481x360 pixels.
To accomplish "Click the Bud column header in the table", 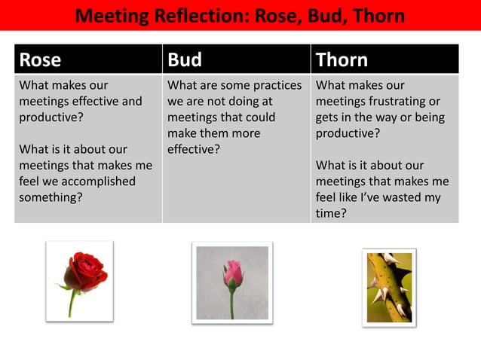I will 185,59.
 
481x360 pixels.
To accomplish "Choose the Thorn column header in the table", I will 342,59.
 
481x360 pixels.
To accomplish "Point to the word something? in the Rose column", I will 51,197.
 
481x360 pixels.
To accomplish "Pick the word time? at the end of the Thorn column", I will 331,213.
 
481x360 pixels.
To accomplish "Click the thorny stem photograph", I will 389,287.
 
